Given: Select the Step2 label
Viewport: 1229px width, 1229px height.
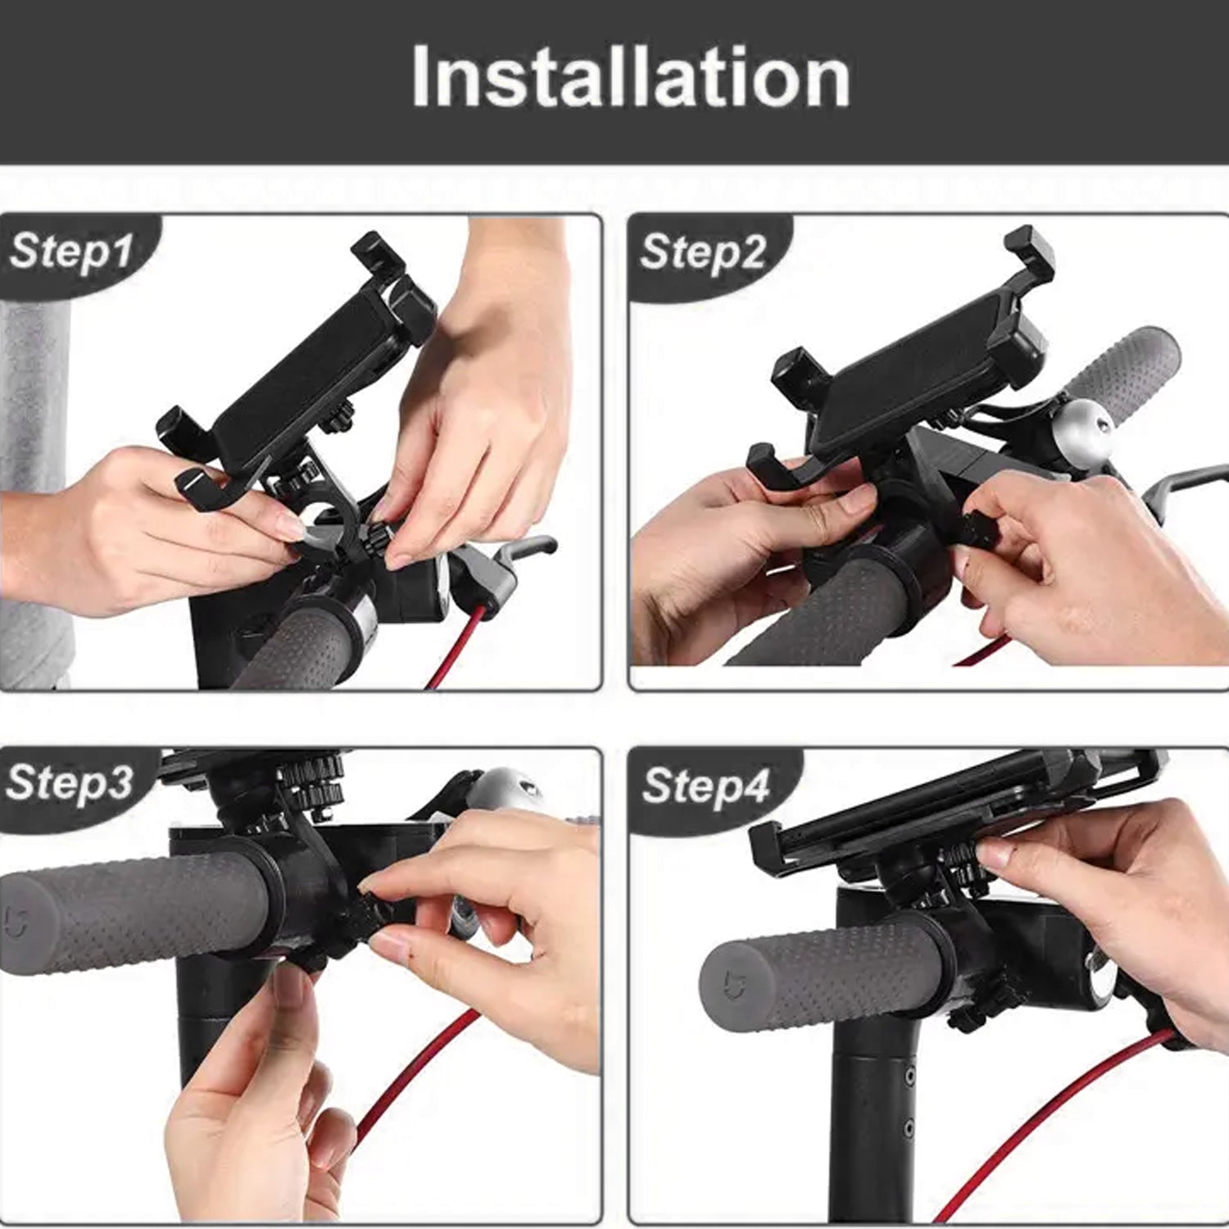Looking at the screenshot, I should coord(703,252).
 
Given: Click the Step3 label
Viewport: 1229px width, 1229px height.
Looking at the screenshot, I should coord(69,782).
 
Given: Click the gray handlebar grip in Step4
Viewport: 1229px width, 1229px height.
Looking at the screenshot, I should coord(819,975).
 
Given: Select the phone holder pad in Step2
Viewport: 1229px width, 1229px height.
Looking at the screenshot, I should coord(909,369).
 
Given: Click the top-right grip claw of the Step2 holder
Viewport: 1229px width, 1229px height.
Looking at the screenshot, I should coord(1030,250).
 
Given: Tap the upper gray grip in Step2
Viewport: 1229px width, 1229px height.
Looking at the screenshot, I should coord(1127,369).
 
